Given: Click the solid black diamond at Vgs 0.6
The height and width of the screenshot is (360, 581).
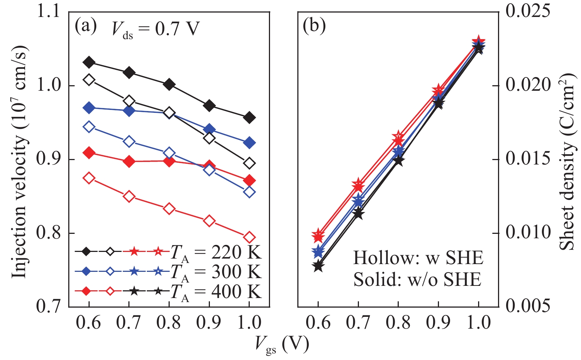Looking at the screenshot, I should (x=89, y=62).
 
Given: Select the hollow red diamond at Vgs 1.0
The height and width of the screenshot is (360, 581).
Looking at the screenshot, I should (x=249, y=237).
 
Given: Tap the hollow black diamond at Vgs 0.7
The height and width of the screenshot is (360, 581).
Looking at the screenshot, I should (x=129, y=101).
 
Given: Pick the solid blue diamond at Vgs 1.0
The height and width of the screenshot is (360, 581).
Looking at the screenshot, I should (x=249, y=143).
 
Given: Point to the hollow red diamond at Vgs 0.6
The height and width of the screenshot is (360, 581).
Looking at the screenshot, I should (x=89, y=178).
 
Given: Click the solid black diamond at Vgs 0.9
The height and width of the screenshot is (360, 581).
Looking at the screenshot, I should (x=209, y=106).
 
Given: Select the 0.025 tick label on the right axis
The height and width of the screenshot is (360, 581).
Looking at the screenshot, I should (x=528, y=11).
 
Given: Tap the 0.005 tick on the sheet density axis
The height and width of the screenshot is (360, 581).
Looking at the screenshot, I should (x=528, y=306).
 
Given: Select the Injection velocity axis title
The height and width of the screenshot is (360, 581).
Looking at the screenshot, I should (x=20, y=162).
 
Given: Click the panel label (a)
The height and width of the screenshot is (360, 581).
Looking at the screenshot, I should (x=85, y=27).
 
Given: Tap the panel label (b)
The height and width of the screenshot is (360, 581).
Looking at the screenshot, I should (x=314, y=27).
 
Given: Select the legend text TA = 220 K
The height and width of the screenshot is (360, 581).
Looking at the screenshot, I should (x=216, y=253).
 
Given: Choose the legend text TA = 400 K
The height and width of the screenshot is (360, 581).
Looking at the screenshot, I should (x=216, y=292).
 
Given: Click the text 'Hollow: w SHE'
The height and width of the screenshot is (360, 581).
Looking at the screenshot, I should (x=418, y=258).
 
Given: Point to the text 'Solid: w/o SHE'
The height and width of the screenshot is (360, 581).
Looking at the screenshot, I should (x=417, y=280).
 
